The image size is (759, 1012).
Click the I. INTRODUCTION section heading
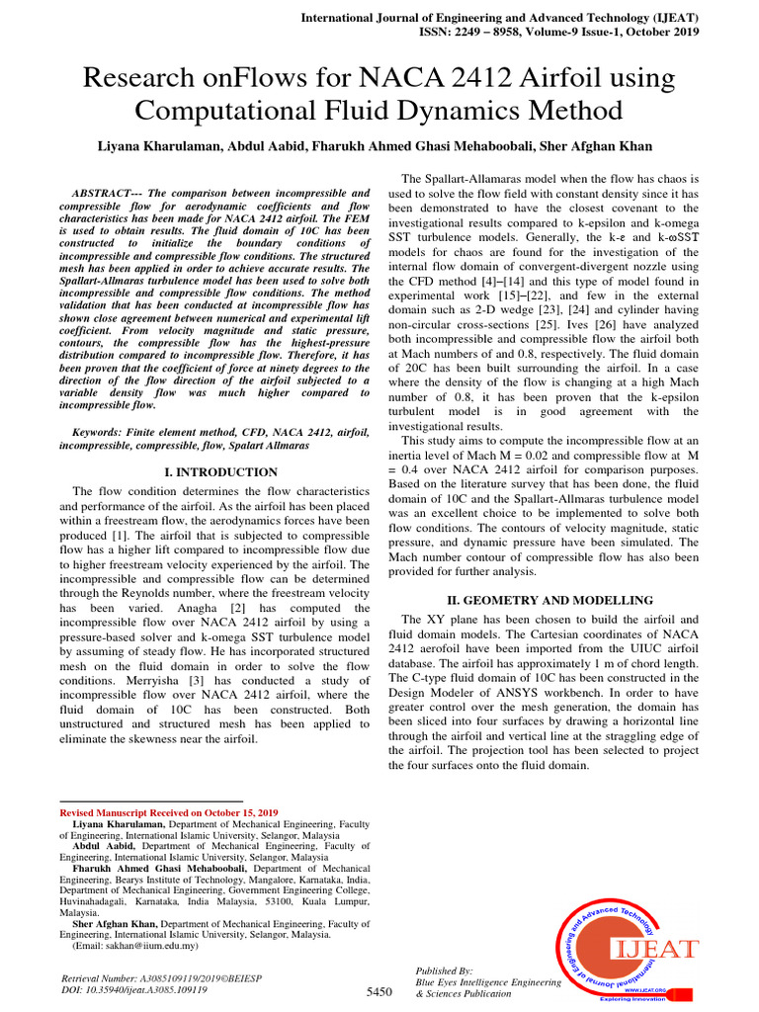click(x=220, y=472)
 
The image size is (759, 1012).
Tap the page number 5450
click(x=379, y=990)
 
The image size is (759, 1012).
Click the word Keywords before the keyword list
click(x=103, y=433)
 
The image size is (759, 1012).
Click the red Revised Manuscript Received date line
click(x=169, y=811)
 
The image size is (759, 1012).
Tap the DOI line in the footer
click(x=134, y=988)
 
